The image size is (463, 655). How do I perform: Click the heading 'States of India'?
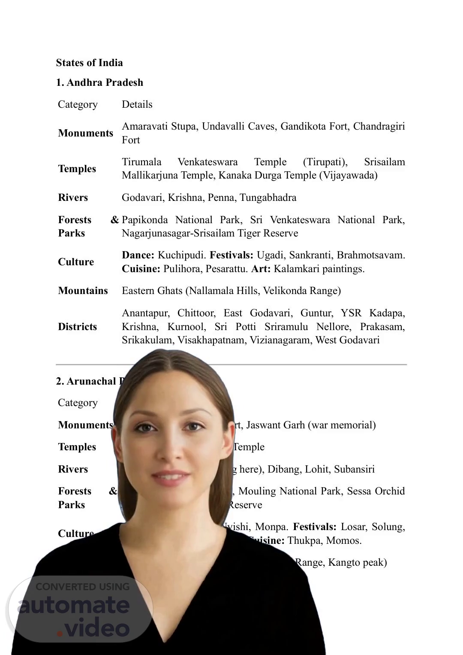tap(89, 63)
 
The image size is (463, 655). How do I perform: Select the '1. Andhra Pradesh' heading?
tap(99, 82)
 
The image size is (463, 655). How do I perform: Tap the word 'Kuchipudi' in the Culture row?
tap(181, 255)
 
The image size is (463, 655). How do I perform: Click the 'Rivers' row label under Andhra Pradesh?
tap(73, 197)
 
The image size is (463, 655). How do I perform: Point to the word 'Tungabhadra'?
tap(268, 197)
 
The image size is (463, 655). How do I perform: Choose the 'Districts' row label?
tap(78, 327)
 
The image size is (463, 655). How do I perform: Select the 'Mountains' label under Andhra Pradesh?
tap(83, 291)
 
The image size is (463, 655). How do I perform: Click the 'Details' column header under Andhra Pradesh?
tap(137, 104)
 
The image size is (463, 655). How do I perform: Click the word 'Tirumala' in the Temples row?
tap(141, 162)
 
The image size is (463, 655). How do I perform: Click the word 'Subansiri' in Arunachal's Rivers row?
tap(354, 469)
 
